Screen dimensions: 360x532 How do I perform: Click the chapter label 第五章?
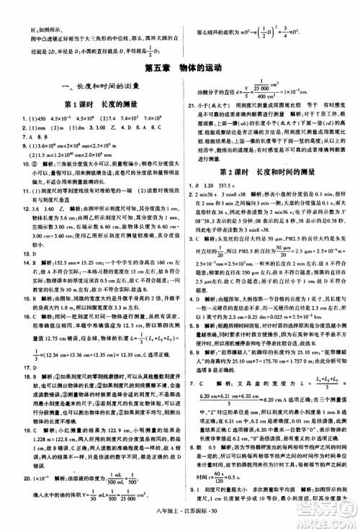[157, 68]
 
